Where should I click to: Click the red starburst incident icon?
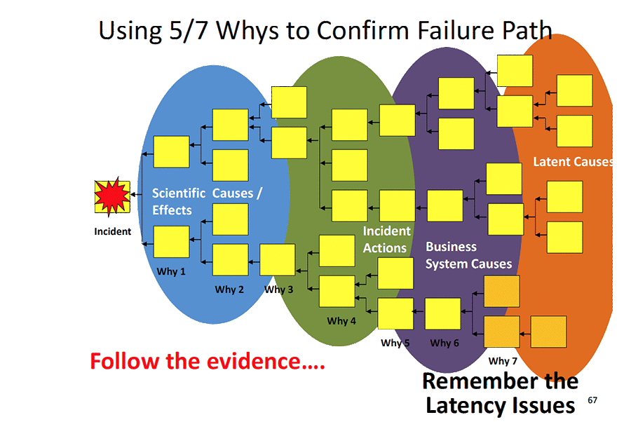coord(112,197)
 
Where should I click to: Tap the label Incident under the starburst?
coord(112,231)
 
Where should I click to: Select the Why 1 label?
coord(171,271)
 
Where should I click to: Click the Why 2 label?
coord(229,290)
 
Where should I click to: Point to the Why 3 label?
coord(278,290)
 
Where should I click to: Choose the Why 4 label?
coord(341,321)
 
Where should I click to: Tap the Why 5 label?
coord(395,343)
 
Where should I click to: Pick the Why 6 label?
coord(445,343)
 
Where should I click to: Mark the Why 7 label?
coord(503,361)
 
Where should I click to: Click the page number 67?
coord(593,400)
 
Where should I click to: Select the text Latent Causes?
coord(573,162)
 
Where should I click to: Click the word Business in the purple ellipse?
coord(451,247)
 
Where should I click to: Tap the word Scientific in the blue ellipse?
coord(179,193)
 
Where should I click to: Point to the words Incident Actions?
coord(386,239)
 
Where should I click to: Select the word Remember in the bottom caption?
coord(475,382)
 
